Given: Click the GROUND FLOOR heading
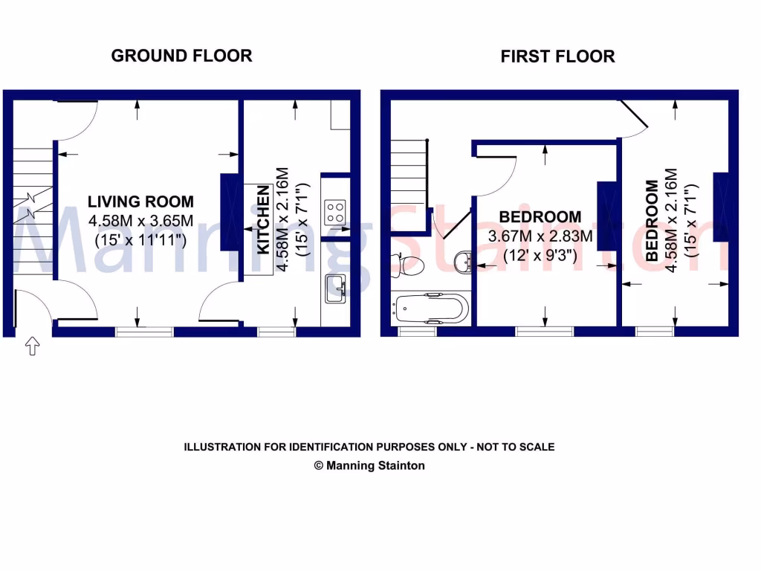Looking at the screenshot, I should pos(181,55).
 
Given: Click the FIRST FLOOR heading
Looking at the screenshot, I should pos(557,57).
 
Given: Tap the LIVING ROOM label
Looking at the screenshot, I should pos(140,201).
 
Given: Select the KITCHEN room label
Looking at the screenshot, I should pos(263,221).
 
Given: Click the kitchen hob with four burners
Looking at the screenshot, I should pos(335,212).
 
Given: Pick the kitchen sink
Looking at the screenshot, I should pos(335,288).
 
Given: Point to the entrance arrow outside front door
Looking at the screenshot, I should pos(33,346).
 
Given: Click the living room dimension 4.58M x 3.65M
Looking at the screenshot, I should pos(140,221).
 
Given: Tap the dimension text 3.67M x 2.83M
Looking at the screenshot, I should pos(540,237).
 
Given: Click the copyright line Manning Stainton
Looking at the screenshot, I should pos(369,465).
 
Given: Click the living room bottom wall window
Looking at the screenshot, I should pos(145,332).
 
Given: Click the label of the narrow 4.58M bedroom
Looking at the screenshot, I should pos(652,220).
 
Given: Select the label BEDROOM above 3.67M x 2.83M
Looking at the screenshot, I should pos(540,217).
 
